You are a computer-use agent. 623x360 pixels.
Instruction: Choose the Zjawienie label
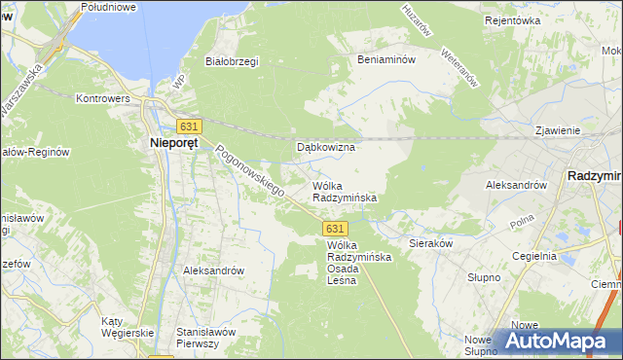tap(558, 130)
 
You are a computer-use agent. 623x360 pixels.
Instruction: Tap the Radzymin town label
tap(594, 176)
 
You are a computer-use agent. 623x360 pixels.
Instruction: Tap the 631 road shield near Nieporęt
tap(189, 126)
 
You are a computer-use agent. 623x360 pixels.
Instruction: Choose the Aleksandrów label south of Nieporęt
tap(212, 270)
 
